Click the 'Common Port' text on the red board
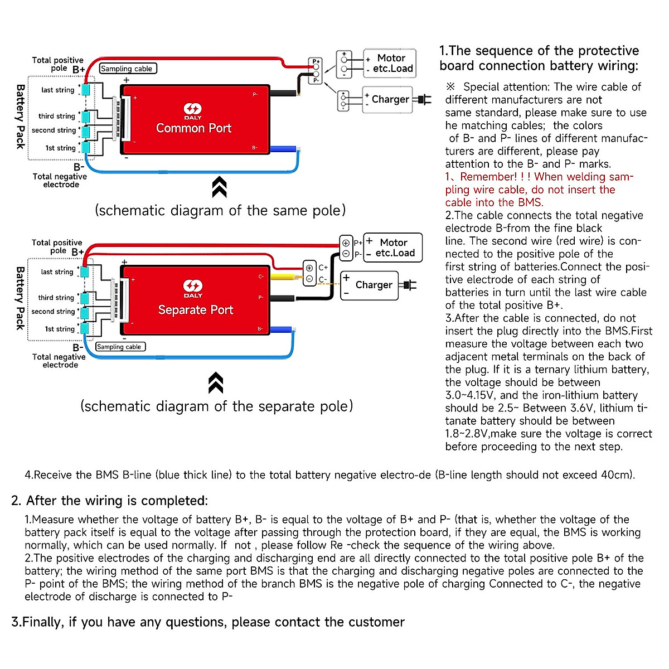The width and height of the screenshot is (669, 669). [193, 128]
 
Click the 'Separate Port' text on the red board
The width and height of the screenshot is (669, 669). [196, 310]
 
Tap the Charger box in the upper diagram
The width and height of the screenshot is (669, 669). [388, 99]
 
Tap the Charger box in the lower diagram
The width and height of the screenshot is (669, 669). [371, 285]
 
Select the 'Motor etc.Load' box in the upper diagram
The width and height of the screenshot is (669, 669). [390, 64]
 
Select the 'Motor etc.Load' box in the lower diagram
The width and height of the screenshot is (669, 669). [393, 248]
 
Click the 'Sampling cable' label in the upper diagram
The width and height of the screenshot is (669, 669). [128, 69]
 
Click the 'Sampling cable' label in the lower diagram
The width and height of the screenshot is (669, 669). [120, 347]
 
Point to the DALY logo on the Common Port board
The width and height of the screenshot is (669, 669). [193, 110]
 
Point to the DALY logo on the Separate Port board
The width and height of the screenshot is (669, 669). [193, 289]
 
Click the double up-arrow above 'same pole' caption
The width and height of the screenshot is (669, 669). [219, 187]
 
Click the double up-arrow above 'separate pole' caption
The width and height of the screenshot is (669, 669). [216, 383]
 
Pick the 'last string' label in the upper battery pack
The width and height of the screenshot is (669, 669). [57, 90]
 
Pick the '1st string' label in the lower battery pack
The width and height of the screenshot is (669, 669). [60, 329]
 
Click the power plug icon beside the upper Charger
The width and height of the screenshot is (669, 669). [423, 100]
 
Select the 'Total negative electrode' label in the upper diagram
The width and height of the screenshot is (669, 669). [60, 180]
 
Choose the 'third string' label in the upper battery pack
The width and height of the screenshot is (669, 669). [56, 116]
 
